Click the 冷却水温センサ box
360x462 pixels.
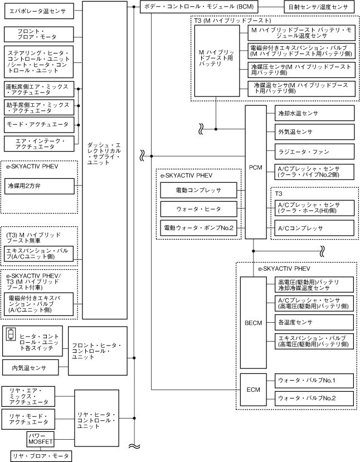315,113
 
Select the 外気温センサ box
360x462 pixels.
315,132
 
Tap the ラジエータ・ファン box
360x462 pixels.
315,151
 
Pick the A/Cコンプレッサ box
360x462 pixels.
315,228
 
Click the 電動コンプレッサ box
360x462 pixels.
198,190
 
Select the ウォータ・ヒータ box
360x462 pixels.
198,209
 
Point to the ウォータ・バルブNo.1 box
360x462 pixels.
315,381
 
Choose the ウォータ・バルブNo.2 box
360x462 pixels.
315,398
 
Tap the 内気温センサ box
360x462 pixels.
31,368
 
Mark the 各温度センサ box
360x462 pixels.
315,322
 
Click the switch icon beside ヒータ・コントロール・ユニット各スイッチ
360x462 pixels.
11,335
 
